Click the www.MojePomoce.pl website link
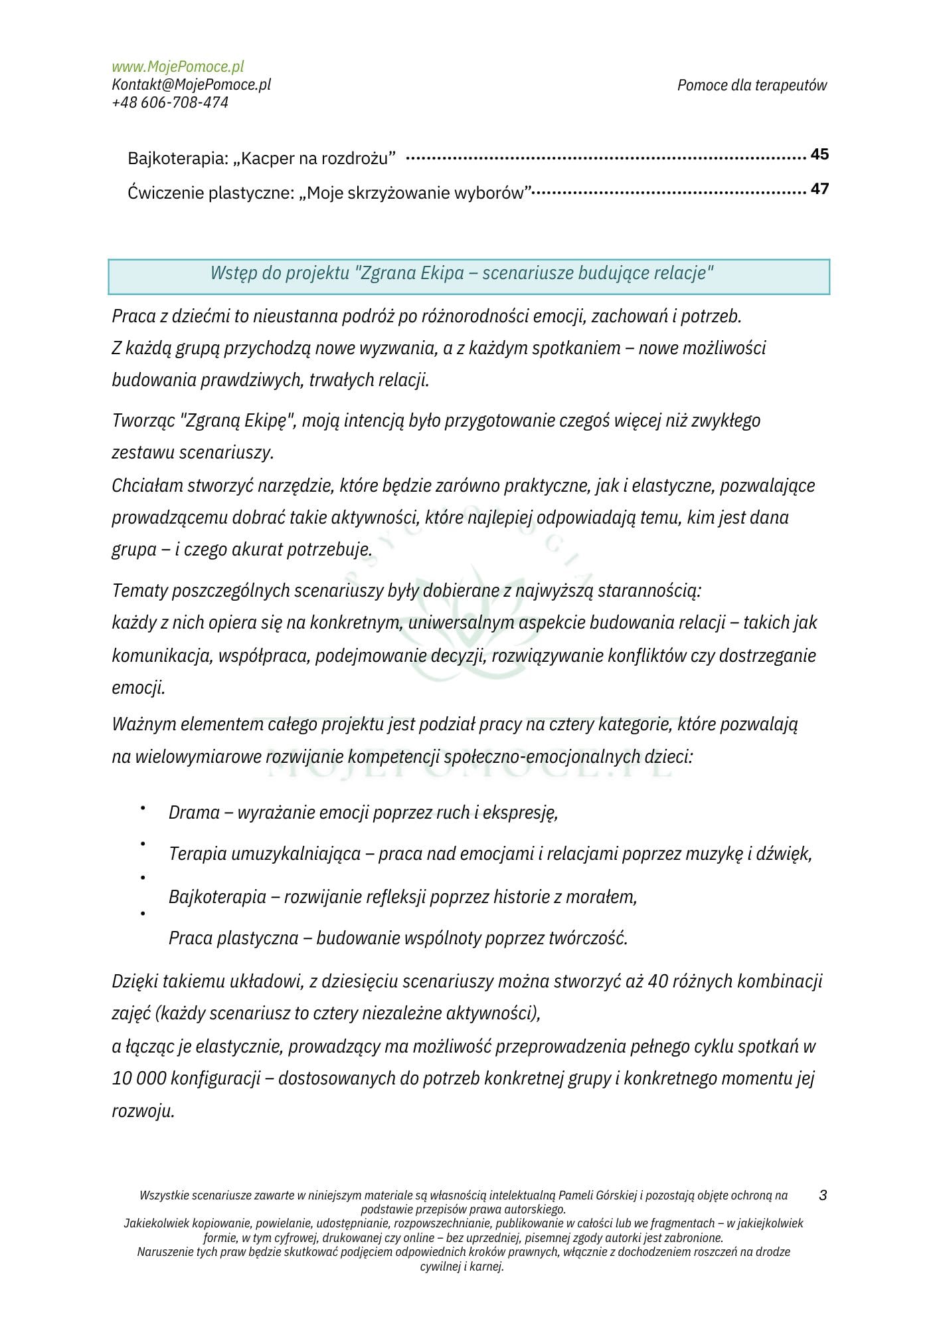(177, 66)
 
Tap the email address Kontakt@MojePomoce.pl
(191, 84)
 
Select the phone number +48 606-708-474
(170, 102)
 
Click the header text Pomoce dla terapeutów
(752, 85)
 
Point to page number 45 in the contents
(819, 154)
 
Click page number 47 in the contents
(819, 189)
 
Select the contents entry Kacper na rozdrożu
(262, 159)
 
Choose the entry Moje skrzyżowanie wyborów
(329, 193)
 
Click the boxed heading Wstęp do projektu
(462, 273)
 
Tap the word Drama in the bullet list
(194, 813)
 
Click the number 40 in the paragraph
(657, 981)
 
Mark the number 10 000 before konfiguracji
(139, 1078)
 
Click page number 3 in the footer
(823, 1195)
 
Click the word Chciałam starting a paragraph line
(147, 486)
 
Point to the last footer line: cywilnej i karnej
(462, 1267)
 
